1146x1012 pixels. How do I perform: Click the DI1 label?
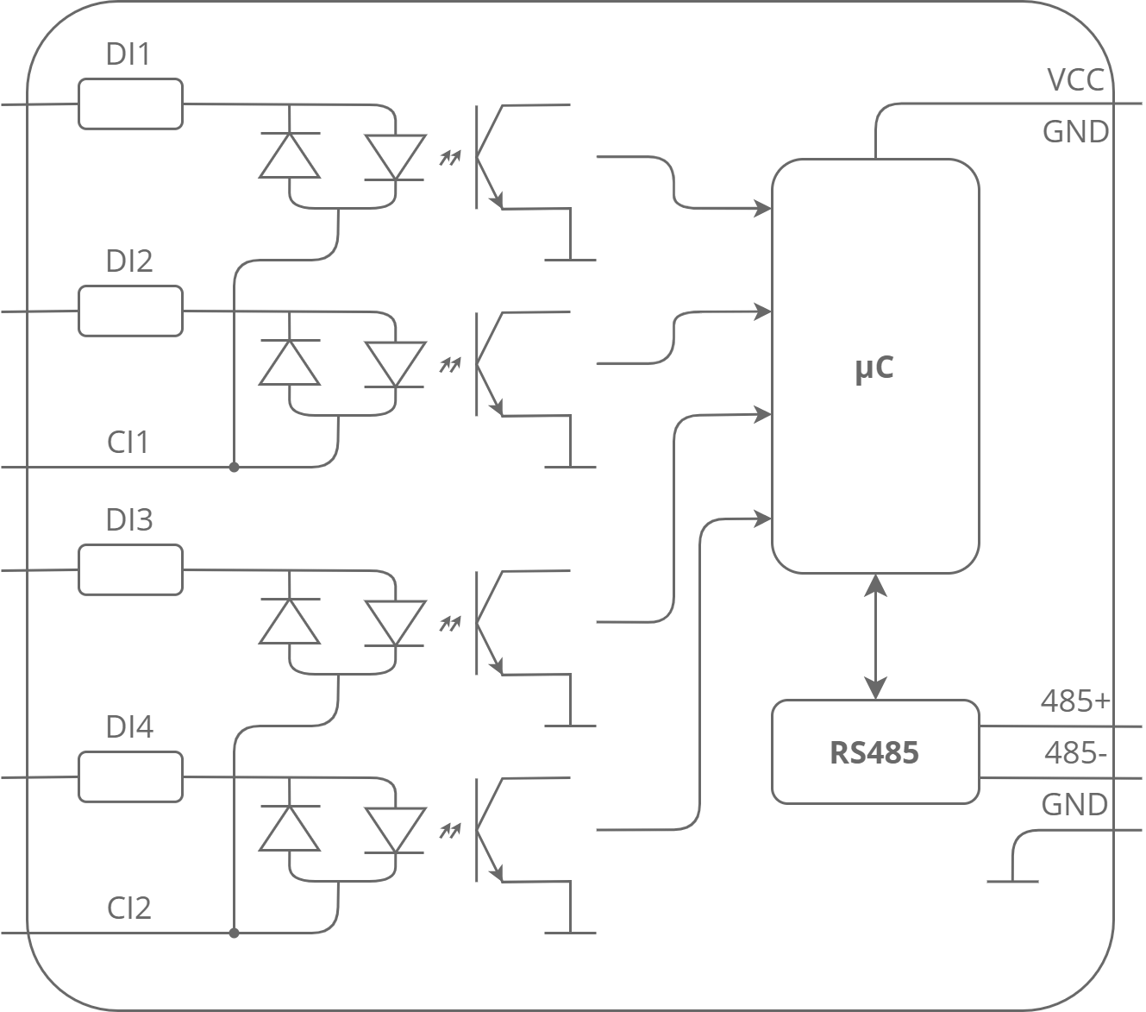click(128, 54)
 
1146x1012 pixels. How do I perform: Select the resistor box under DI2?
click(130, 311)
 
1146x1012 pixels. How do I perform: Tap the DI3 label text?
click(129, 519)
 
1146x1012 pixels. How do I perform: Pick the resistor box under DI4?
click(130, 776)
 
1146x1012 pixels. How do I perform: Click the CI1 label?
click(128, 442)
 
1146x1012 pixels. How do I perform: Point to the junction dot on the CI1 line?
click(234, 467)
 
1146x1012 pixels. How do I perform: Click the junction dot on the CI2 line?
click(234, 933)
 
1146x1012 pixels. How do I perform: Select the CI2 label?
click(129, 908)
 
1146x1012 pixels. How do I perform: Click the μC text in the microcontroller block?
click(874, 368)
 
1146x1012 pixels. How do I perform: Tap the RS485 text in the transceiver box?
click(874, 753)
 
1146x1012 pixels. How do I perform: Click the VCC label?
click(1075, 80)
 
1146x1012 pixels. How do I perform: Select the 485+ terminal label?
click(1075, 701)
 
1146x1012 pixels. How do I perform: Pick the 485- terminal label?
click(1075, 753)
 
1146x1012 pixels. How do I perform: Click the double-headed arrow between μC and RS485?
click(875, 637)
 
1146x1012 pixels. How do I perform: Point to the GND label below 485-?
click(1074, 804)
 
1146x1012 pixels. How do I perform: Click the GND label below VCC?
click(1075, 132)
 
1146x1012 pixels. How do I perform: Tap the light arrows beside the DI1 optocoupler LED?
click(450, 157)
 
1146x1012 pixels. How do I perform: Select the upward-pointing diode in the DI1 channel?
click(290, 155)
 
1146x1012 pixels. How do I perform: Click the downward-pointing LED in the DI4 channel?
click(395, 831)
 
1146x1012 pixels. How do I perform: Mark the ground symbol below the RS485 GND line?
click(1012, 881)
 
